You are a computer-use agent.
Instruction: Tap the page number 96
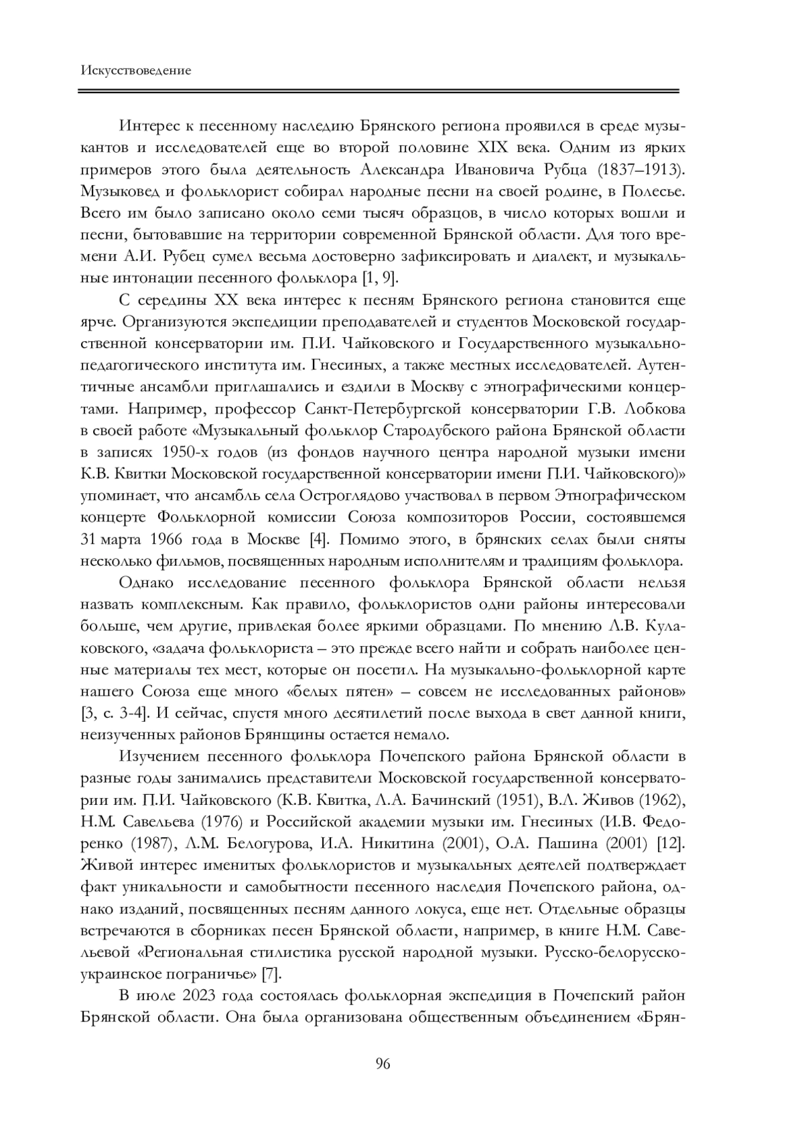tap(383, 1064)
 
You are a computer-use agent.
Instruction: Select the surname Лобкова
tap(653, 409)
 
